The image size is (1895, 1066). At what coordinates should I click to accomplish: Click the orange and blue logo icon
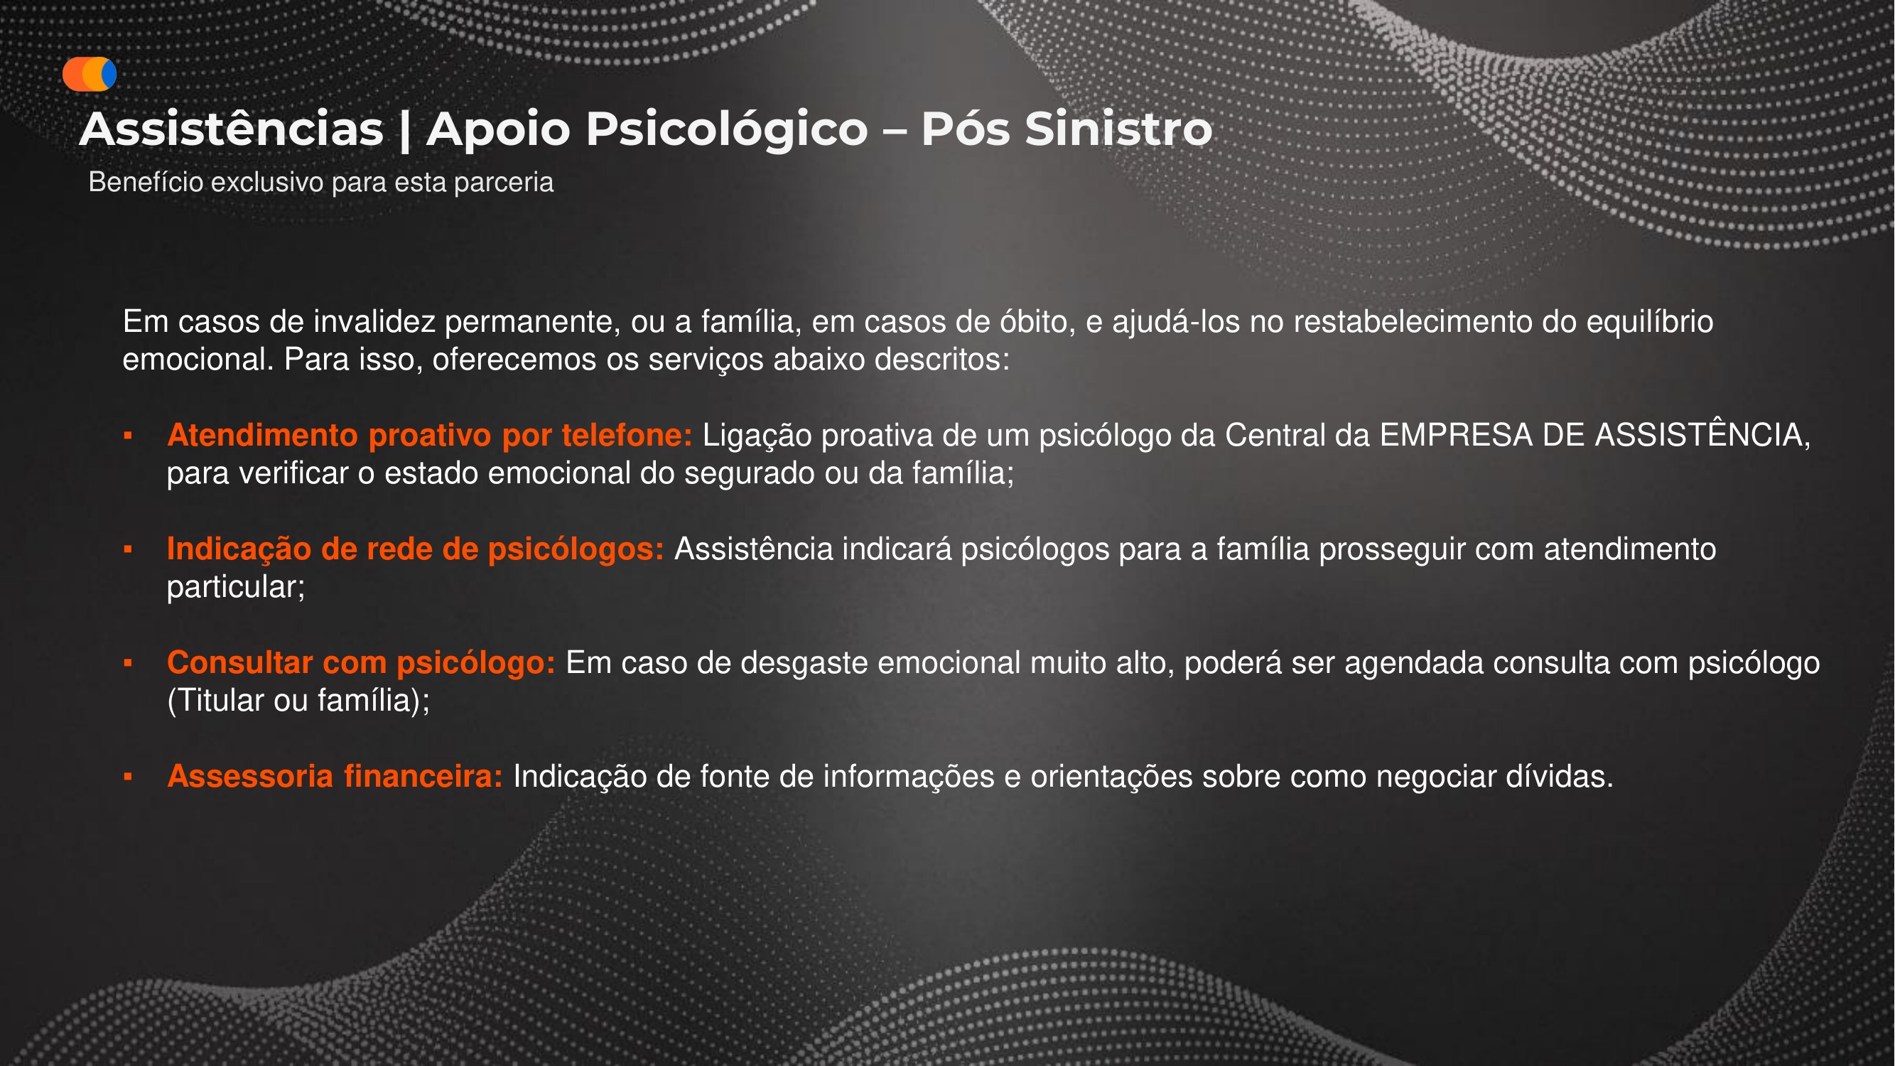[89, 75]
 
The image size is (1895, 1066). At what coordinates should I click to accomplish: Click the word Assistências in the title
[231, 129]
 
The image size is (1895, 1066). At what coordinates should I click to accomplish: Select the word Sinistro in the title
[1118, 129]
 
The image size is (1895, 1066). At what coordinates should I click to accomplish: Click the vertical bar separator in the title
[404, 129]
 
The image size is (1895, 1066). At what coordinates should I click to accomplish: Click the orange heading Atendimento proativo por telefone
[430, 436]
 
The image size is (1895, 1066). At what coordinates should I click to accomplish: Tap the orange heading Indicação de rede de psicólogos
[415, 549]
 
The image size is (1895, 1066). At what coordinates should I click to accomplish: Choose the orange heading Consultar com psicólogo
[360, 663]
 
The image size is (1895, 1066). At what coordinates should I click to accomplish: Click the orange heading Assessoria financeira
[335, 777]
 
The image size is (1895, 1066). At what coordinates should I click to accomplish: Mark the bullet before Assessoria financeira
[128, 777]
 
